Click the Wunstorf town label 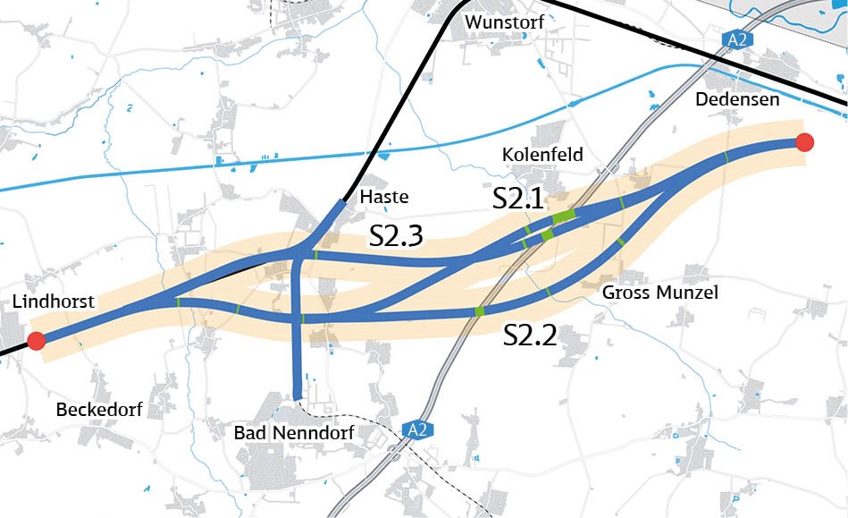[504, 21]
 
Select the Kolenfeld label [542, 155]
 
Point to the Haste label [382, 197]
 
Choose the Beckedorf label [98, 411]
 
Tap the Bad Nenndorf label [294, 434]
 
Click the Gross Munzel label [659, 293]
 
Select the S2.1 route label [518, 199]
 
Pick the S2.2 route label [530, 335]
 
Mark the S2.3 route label [396, 236]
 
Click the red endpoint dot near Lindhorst [36, 341]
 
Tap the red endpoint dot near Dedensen [804, 142]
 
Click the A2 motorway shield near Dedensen [735, 39]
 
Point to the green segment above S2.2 [480, 310]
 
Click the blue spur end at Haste [342, 204]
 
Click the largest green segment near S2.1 [564, 217]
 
